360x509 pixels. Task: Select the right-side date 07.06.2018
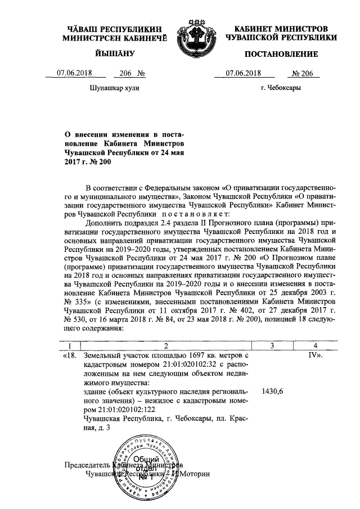[x=243, y=73]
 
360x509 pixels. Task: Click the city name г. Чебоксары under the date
[x=281, y=88]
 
